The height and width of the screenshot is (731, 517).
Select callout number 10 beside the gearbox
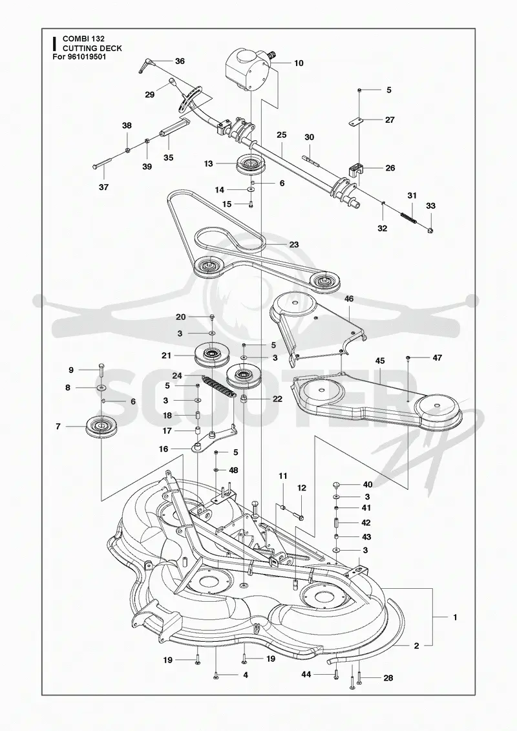299,63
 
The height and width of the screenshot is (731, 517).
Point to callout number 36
180,61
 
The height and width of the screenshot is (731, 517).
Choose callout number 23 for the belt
293,244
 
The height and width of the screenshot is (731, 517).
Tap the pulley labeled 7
100,426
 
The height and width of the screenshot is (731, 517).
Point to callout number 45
380,361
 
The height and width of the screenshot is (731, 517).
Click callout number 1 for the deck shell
454,617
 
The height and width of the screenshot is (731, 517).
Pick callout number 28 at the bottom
388,677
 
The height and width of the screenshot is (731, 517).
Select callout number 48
233,470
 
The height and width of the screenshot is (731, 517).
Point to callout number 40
368,485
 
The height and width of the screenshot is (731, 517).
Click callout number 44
306,674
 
